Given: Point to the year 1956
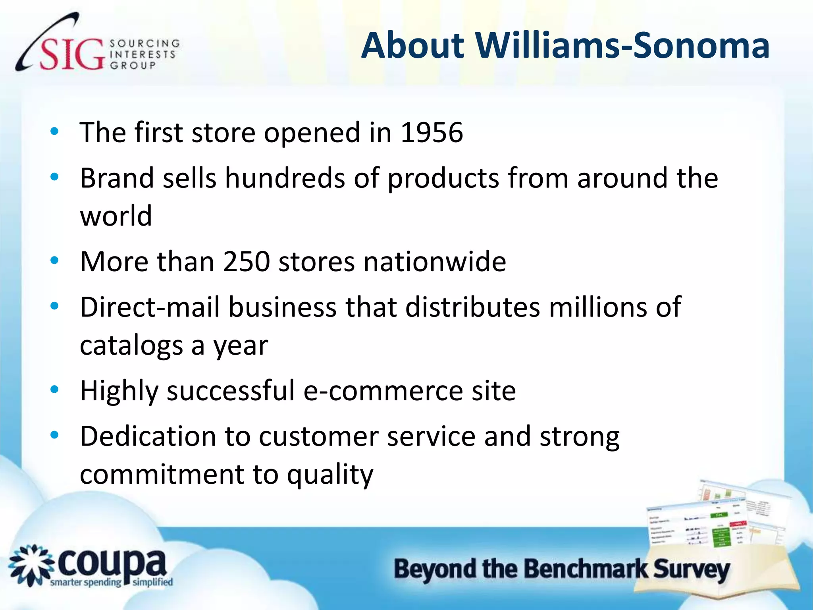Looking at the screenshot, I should point(432,132).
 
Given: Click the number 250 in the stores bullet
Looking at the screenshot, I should point(246,262).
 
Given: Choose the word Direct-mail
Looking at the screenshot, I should point(150,307).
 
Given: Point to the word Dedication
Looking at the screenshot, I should point(148,436).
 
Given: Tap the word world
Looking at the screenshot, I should point(116,216).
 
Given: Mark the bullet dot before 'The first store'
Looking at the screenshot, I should point(54,131).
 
